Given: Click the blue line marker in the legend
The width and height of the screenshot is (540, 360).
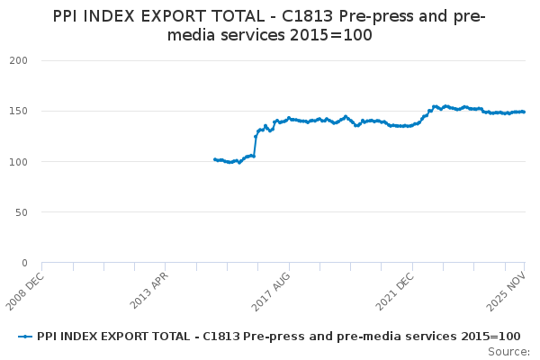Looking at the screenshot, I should (x=25, y=336).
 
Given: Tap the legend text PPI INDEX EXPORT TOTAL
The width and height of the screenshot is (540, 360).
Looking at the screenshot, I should (x=108, y=336).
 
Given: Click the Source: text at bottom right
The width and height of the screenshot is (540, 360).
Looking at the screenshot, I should (x=508, y=351).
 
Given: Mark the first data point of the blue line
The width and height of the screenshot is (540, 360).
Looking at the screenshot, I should (x=214, y=159).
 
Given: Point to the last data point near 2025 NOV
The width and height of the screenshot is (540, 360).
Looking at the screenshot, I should (x=524, y=112).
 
